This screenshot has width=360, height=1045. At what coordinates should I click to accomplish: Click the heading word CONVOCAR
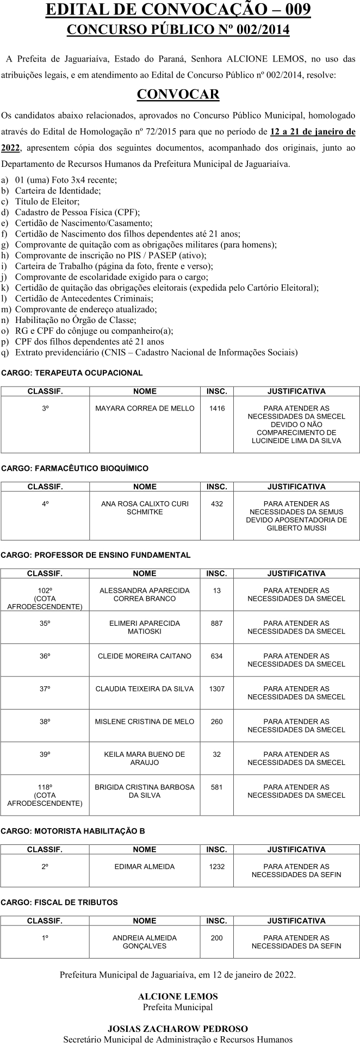coord(178,95)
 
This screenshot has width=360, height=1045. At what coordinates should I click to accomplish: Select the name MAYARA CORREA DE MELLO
coord(145,408)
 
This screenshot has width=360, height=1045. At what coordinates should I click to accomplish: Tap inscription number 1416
coord(216,408)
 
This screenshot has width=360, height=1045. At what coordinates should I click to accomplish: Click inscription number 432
coord(216,504)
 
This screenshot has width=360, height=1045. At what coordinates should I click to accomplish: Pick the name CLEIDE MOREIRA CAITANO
coord(145,656)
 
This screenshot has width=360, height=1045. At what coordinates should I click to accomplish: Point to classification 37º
coord(45,689)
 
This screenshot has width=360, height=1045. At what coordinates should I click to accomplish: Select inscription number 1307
coord(216,689)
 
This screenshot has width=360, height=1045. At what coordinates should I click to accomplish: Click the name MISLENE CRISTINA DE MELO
coord(145,721)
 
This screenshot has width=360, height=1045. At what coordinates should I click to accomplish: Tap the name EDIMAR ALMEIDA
coord(145,867)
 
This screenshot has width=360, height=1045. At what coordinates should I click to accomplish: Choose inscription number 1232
coord(216,867)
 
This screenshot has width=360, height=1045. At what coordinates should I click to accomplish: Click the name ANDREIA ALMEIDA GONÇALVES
coord(145,942)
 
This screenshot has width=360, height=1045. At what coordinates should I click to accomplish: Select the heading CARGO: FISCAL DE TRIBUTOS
coord(59,903)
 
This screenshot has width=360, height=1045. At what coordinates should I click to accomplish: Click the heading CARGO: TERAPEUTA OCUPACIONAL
coord(72,373)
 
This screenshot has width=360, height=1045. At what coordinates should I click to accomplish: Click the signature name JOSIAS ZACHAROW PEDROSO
coord(178,1029)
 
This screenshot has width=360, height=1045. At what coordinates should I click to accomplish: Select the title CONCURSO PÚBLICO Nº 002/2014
coord(178,30)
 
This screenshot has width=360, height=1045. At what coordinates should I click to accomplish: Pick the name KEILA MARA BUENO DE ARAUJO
coord(145,758)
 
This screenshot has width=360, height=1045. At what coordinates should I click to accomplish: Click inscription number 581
coord(216,787)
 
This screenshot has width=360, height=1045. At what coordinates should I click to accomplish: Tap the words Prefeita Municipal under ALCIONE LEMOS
coord(178,1007)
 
